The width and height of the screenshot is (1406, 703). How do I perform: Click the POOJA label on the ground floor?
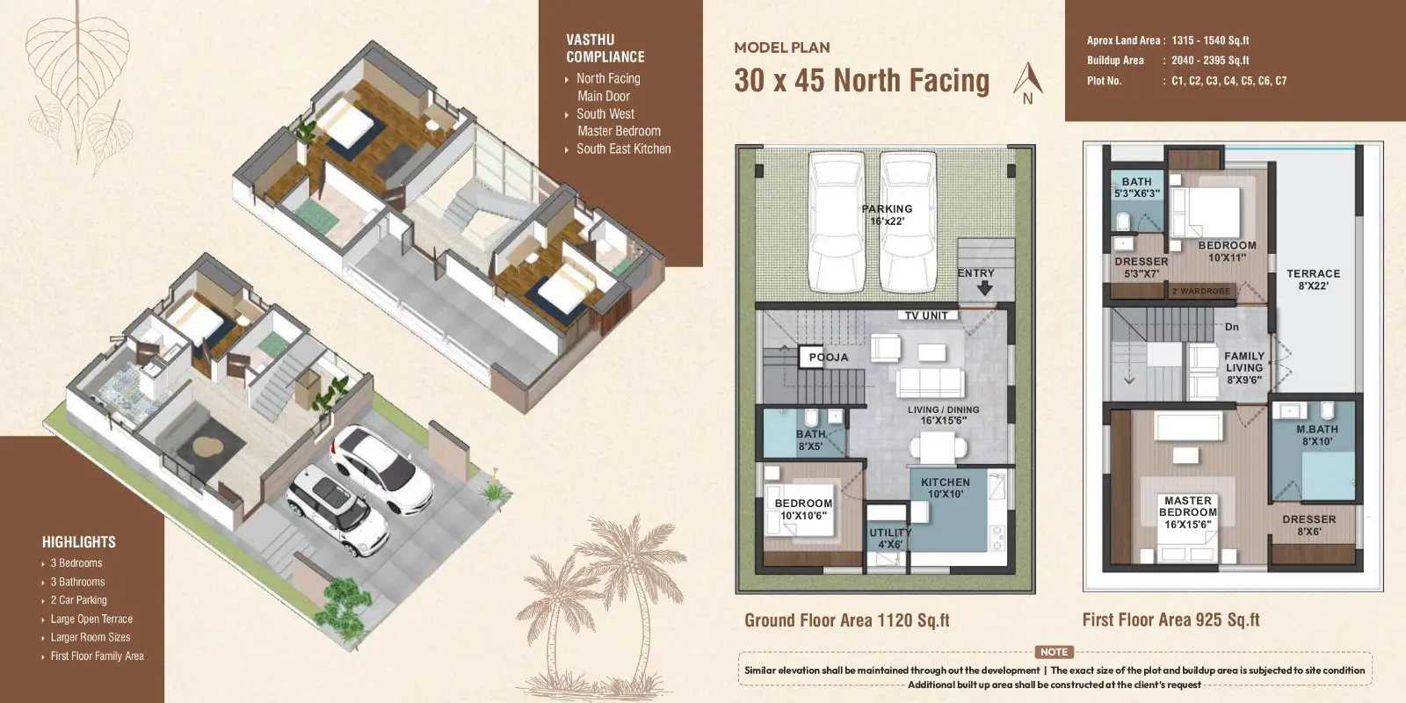tap(828, 357)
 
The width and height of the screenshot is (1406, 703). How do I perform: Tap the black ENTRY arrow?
tap(985, 288)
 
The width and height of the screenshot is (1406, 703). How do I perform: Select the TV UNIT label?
tap(926, 315)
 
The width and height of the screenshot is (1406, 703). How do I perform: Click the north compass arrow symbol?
tap(1027, 78)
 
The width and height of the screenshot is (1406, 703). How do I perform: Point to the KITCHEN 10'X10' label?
tap(946, 488)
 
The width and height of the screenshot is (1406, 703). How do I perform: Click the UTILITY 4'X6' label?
tap(890, 538)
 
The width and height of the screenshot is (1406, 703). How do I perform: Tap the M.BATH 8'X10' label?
tap(1317, 435)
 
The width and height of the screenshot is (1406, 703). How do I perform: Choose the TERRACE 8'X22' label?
tap(1313, 279)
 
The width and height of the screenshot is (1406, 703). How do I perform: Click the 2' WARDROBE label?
tap(1200, 291)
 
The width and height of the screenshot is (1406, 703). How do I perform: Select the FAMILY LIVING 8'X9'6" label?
tap(1244, 367)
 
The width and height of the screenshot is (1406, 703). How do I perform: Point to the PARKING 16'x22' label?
tap(887, 214)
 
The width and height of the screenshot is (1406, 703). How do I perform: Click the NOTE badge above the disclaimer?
tap(1054, 652)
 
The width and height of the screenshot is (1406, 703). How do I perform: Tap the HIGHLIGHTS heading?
tap(79, 541)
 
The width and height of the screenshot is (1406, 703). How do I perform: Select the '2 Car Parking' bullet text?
tap(78, 600)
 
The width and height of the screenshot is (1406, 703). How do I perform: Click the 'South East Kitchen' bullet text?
tap(623, 149)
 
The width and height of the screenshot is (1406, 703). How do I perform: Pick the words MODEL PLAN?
tap(782, 47)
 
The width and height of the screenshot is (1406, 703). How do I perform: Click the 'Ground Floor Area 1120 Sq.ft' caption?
tap(847, 620)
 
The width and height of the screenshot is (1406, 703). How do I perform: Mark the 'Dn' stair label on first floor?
tap(1231, 327)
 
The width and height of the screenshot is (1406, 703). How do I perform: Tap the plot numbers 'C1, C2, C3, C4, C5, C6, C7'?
tap(1229, 80)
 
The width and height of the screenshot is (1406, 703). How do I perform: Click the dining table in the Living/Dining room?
tap(938, 449)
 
